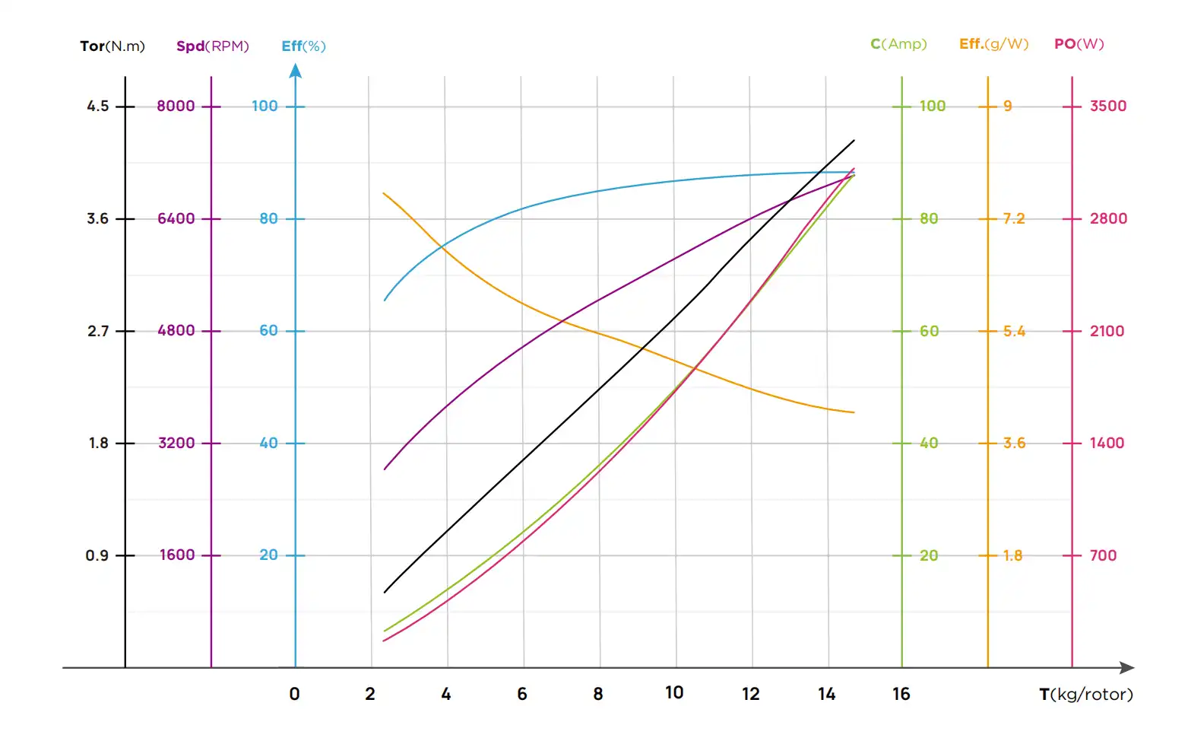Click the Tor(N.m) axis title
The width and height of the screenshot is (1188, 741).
pyautogui.click(x=112, y=46)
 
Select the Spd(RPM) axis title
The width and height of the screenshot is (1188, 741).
pyautogui.click(x=213, y=46)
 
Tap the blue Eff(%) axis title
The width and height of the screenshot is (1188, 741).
pyautogui.click(x=303, y=46)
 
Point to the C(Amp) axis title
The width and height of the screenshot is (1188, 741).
pyautogui.click(x=898, y=44)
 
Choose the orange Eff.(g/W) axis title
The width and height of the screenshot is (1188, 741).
pyautogui.click(x=993, y=44)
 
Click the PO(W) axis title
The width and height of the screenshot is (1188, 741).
pyautogui.click(x=1079, y=44)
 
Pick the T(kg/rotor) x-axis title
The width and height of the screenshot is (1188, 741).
pyautogui.click(x=1085, y=694)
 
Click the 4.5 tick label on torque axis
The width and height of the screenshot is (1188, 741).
pyautogui.click(x=98, y=106)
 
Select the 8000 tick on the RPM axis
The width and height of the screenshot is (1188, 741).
pyautogui.click(x=176, y=106)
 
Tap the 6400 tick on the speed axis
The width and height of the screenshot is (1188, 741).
pyautogui.click(x=176, y=218)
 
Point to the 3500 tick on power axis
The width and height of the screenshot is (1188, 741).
pyautogui.click(x=1107, y=106)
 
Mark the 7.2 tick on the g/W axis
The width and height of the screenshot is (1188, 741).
pyautogui.click(x=1013, y=218)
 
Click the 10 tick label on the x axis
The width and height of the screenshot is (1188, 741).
pyautogui.click(x=674, y=692)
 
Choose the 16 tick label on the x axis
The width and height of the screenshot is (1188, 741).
pyautogui.click(x=901, y=694)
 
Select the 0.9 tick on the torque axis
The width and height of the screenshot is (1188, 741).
pyautogui.click(x=97, y=555)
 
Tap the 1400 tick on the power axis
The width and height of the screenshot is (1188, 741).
pyautogui.click(x=1106, y=443)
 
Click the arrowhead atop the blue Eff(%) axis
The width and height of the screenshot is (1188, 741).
pyautogui.click(x=296, y=71)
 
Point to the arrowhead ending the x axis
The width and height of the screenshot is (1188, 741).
pyautogui.click(x=1127, y=668)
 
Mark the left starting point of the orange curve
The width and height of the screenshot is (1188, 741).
pyautogui.click(x=383, y=193)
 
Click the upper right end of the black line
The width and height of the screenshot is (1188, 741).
pyautogui.click(x=854, y=140)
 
